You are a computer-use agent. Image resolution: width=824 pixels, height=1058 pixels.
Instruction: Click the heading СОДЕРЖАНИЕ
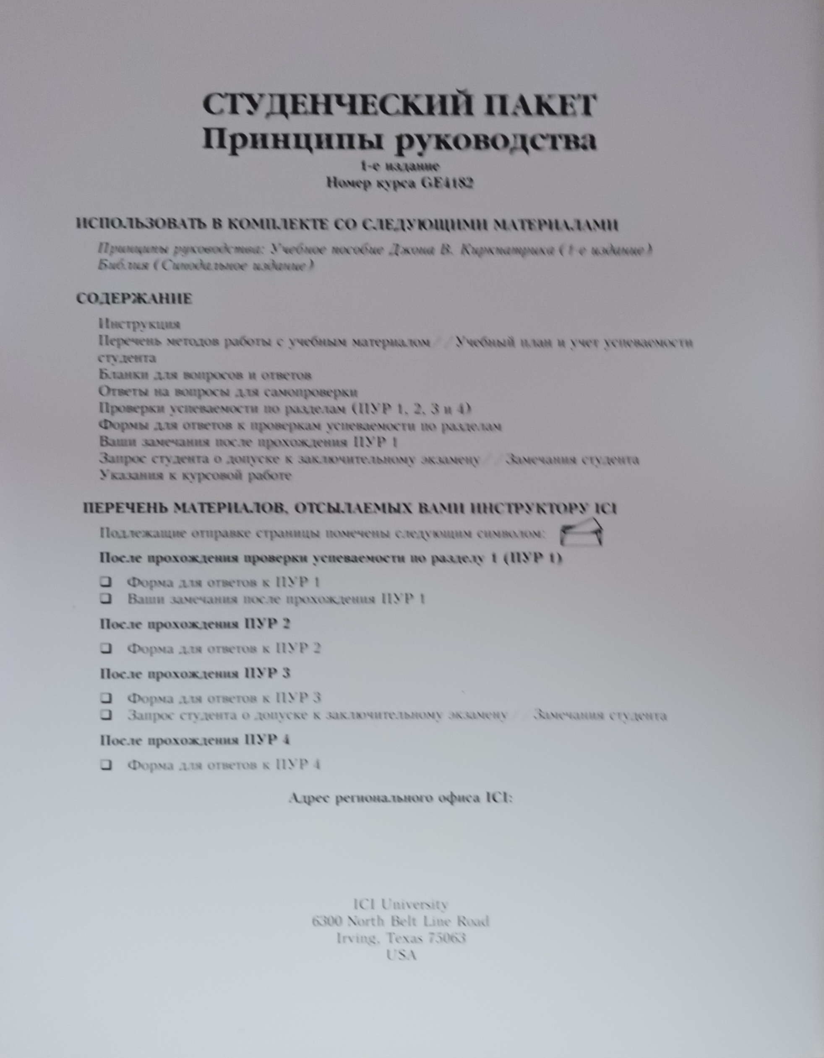(x=134, y=298)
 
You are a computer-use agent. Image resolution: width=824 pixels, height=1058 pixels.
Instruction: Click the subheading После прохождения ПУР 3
(x=195, y=673)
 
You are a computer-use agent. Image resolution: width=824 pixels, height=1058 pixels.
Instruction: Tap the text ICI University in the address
(x=401, y=904)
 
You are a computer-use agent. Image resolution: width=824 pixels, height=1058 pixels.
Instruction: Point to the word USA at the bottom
(x=402, y=955)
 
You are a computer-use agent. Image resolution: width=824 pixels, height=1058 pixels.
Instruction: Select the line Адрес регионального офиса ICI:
(x=400, y=798)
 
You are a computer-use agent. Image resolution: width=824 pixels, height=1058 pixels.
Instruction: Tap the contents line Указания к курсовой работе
(x=195, y=475)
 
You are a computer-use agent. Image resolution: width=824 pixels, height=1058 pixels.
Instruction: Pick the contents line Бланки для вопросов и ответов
(x=205, y=375)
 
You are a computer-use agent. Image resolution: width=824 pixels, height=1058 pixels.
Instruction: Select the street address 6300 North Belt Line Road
(x=401, y=921)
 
